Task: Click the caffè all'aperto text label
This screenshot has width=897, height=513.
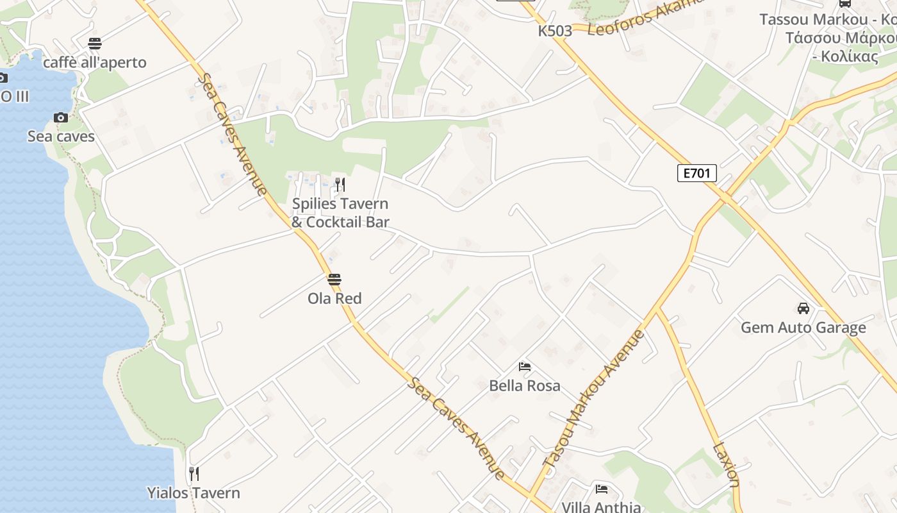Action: pos(95,63)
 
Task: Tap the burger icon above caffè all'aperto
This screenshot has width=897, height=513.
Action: pos(95,44)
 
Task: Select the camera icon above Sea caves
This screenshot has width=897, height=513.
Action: pos(61,117)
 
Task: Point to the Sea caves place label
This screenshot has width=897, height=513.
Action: pos(61,137)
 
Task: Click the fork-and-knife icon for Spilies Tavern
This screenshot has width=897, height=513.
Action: pos(340,185)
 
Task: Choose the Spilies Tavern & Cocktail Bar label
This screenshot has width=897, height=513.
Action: pos(340,213)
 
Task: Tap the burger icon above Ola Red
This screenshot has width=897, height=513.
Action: pos(334,280)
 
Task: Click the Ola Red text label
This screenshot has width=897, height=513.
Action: pos(334,299)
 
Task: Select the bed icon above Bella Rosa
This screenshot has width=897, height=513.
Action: pos(525,367)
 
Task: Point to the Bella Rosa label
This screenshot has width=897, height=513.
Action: pos(525,386)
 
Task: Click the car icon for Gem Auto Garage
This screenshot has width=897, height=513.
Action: pos(803,308)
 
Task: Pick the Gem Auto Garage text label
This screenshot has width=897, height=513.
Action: pos(803,328)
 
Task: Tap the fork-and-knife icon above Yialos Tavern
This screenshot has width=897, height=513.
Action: pos(193,474)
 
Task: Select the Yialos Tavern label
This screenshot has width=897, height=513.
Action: pos(193,493)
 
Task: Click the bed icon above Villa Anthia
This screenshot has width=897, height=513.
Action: pos(601,489)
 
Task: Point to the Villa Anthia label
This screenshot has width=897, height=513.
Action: pos(601,507)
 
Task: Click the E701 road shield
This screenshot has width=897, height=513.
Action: pos(696,173)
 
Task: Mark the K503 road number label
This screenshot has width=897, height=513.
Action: pos(555,31)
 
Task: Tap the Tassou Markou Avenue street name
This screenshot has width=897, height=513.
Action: pos(594,398)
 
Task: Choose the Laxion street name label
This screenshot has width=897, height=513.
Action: pos(727,465)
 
